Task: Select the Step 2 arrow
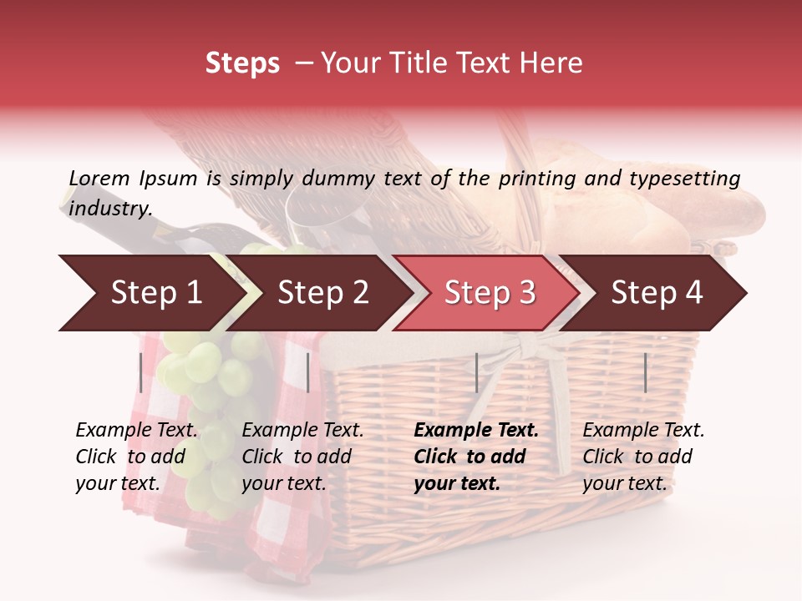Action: click(322, 293)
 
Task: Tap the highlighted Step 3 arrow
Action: click(489, 293)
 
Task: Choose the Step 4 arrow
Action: click(656, 293)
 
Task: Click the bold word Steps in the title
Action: click(242, 63)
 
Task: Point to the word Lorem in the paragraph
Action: click(99, 178)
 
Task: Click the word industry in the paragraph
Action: click(109, 209)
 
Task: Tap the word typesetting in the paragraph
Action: click(684, 179)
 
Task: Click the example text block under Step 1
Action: click(136, 457)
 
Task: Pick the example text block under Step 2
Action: click(302, 457)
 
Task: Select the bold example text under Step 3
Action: click(476, 457)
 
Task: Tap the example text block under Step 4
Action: click(643, 457)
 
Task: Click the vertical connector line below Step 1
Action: click(140, 372)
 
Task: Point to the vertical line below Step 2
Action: click(308, 372)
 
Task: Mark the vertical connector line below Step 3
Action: click(476, 372)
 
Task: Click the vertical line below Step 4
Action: click(646, 372)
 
